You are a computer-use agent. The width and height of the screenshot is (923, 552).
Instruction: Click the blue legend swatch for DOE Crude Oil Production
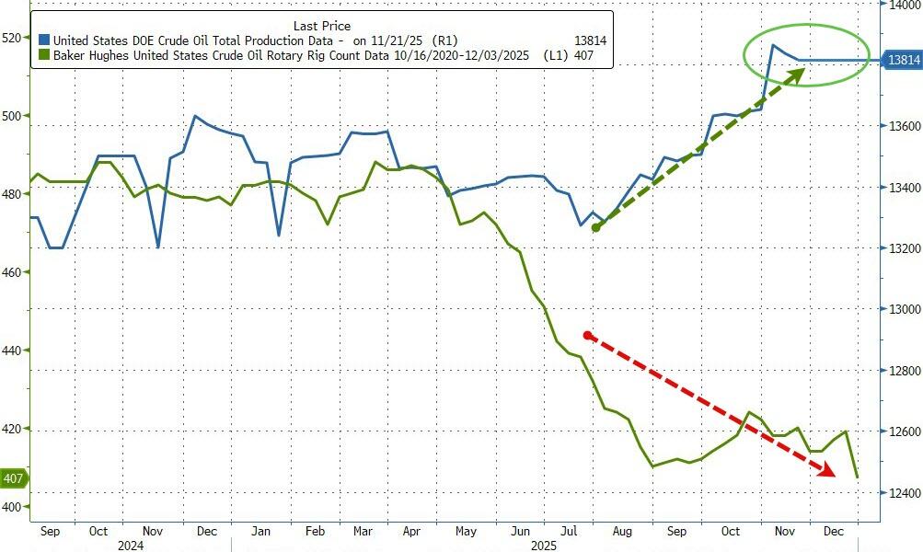click(44, 40)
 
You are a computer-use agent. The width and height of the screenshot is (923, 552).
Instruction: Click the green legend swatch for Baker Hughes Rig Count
click(44, 57)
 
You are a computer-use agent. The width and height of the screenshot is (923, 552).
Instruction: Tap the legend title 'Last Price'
click(321, 26)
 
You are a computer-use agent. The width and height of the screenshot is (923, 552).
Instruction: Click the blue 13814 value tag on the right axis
click(903, 60)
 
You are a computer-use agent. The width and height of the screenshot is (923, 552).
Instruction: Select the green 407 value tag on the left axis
click(14, 478)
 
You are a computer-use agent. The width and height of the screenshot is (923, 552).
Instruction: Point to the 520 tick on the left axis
click(14, 38)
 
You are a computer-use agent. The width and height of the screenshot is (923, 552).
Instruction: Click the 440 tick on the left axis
click(14, 351)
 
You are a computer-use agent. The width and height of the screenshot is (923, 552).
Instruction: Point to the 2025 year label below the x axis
click(544, 546)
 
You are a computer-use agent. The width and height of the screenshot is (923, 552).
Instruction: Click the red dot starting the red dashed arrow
click(587, 336)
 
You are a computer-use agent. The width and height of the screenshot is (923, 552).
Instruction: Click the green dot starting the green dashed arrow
click(595, 227)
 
